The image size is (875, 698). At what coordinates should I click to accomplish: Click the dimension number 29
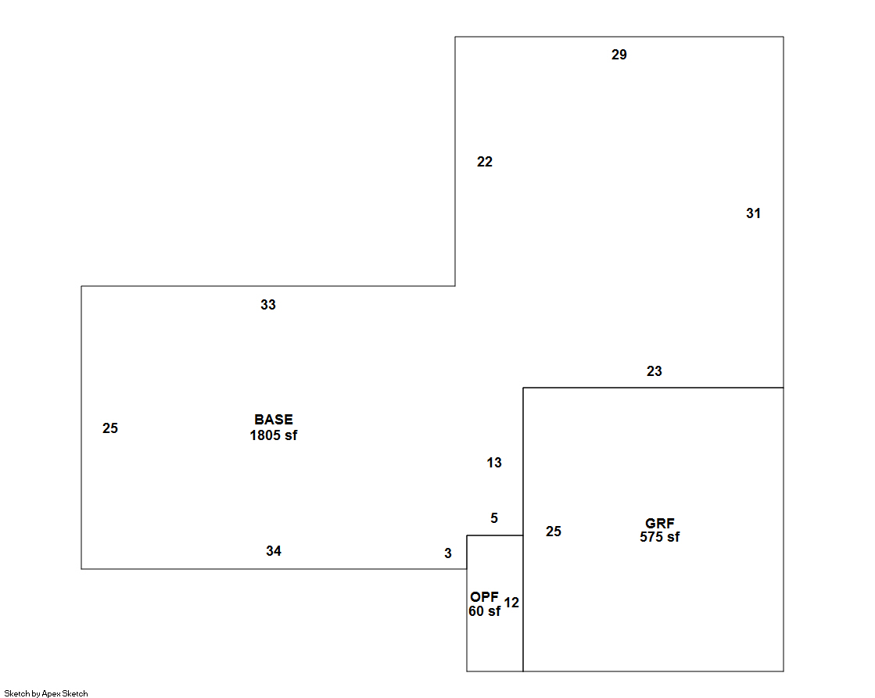pos(619,55)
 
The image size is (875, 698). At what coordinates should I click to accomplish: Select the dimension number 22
pos(485,162)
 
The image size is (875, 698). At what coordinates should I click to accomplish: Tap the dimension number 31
pos(753,213)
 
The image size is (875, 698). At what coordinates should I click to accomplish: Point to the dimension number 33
pos(268,305)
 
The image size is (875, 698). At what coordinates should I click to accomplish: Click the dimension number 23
pos(654,371)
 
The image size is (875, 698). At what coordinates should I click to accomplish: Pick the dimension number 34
pos(273,551)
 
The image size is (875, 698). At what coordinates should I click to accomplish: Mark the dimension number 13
pos(494,463)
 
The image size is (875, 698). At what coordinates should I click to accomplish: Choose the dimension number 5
pos(494,518)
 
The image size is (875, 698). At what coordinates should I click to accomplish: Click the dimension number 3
pos(448,553)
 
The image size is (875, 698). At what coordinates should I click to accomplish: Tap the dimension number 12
pos(511,603)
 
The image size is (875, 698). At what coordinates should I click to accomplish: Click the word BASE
pos(274,420)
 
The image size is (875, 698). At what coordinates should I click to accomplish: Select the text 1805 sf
pos(274,435)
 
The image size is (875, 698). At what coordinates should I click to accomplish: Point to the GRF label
pos(660,524)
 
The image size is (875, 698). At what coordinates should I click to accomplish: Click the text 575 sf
pos(660,537)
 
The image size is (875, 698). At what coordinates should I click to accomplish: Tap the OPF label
pos(484,597)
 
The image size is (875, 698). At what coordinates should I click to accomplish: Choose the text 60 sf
pos(484,611)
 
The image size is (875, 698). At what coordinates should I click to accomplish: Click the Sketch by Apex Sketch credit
pos(46,693)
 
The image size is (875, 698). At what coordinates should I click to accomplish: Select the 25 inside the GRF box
pos(554,532)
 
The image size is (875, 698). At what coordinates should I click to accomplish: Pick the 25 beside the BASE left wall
pos(110,428)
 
